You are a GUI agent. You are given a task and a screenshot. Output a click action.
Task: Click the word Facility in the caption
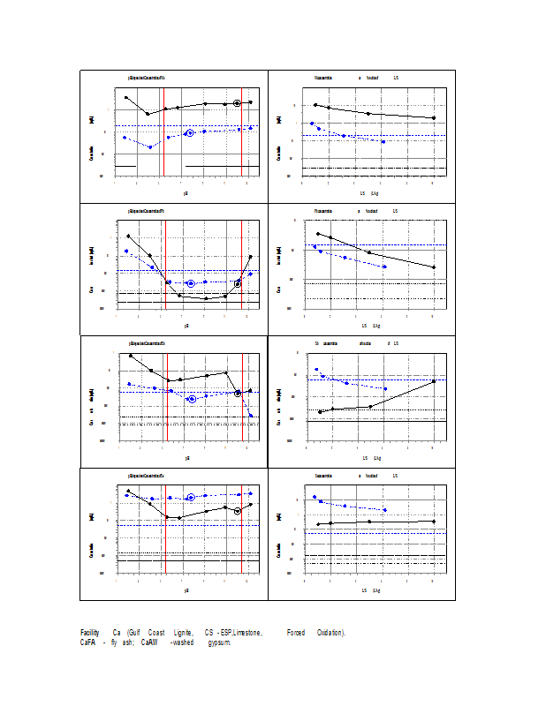click(89, 633)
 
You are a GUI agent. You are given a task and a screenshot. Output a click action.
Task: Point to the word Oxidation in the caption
click(330, 633)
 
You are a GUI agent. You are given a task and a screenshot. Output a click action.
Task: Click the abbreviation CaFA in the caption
click(89, 642)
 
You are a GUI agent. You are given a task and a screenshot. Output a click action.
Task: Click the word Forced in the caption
click(296, 633)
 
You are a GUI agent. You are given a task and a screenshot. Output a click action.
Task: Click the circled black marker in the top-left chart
click(237, 103)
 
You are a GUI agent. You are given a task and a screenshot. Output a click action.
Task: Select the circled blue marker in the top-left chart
click(190, 133)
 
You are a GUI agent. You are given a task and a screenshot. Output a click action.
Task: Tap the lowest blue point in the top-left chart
click(150, 147)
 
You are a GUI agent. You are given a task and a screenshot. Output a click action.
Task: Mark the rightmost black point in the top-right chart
click(433, 118)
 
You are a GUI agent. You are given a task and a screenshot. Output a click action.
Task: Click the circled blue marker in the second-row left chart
click(191, 283)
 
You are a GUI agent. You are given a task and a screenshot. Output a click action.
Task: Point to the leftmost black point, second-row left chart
click(128, 236)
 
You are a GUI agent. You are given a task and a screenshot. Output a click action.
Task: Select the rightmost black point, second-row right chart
click(433, 267)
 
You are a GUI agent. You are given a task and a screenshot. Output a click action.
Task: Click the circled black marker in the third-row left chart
click(238, 394)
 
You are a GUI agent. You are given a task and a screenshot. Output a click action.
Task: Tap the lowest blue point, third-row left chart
click(251, 415)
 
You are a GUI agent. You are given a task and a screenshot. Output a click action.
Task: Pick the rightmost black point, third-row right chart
click(433, 381)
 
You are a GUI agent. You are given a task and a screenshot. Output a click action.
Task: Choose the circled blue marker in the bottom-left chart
click(190, 498)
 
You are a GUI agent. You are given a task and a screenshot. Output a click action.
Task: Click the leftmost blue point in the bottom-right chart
click(315, 497)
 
